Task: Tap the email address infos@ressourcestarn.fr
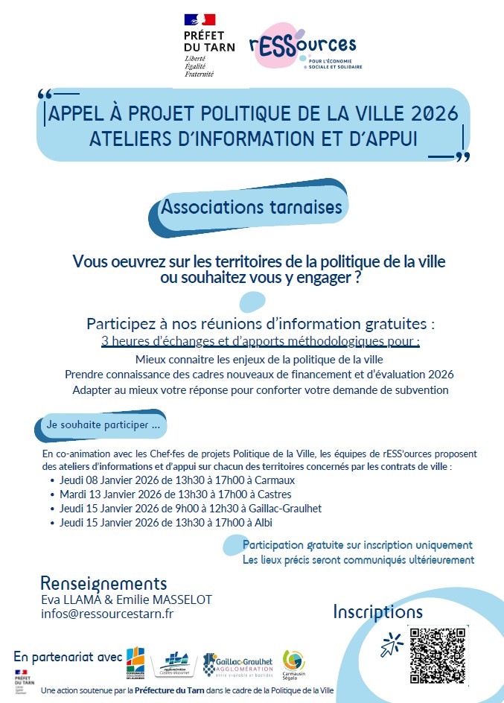(107, 614)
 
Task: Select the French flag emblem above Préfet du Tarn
(199, 20)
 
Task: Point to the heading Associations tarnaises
(252, 206)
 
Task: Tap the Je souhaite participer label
(103, 427)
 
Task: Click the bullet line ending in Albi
(166, 523)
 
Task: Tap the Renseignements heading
(103, 583)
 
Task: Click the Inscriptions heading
(377, 612)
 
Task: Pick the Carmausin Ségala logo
(294, 664)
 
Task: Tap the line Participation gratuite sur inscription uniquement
(357, 545)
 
